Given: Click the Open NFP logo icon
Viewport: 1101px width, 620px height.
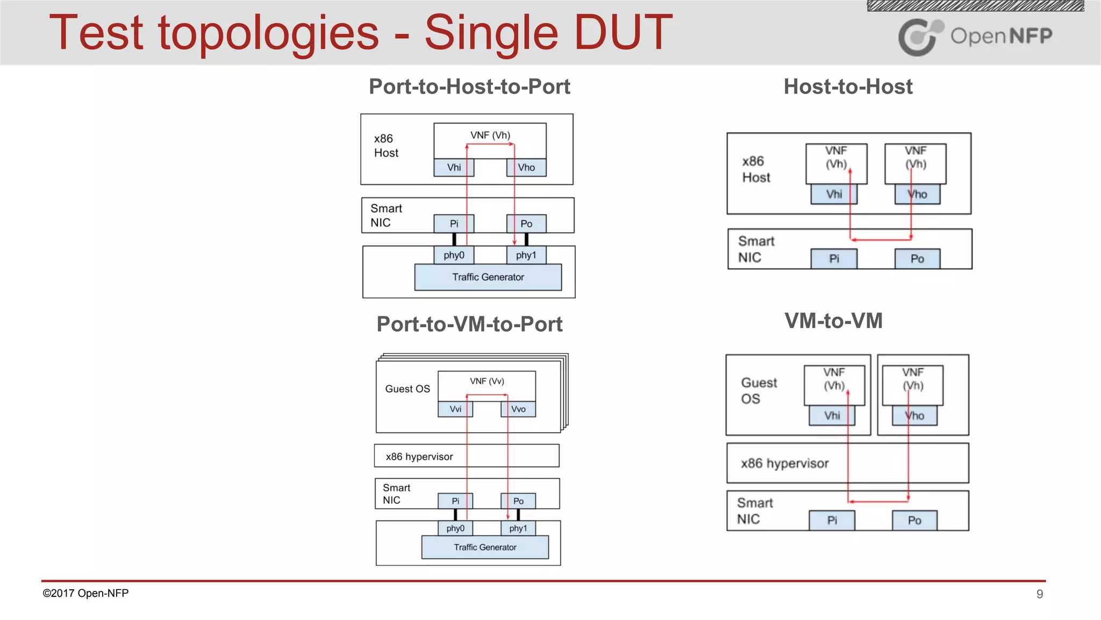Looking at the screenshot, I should (x=920, y=37).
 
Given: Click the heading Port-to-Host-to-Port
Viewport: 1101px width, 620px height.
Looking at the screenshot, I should (x=469, y=87).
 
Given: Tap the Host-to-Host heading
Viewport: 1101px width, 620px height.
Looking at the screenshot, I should (x=848, y=87).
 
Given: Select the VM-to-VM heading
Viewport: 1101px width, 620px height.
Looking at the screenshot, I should (x=833, y=321).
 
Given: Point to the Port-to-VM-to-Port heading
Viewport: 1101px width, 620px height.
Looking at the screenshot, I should (x=469, y=324).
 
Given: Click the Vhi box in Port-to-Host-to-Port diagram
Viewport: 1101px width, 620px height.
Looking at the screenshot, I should (x=454, y=167).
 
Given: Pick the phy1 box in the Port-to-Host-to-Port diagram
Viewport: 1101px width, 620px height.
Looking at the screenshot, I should (x=526, y=255).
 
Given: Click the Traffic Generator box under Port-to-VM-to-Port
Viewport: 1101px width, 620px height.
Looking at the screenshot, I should (x=485, y=547).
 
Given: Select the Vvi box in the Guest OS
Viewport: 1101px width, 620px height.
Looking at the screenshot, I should (x=455, y=409).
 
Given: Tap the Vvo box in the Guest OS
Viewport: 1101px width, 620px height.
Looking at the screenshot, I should (x=518, y=409).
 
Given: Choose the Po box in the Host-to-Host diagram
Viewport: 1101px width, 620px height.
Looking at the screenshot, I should (x=917, y=259).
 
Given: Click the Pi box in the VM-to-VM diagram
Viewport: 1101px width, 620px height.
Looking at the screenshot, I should (x=832, y=520).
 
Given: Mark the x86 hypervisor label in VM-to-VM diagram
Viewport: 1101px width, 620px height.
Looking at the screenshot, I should (x=784, y=463).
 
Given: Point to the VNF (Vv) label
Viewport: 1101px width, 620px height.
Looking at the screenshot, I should (x=487, y=381).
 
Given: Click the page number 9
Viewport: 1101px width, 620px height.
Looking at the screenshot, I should (x=1040, y=594).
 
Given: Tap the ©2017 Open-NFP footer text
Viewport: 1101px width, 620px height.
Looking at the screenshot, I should (x=85, y=593).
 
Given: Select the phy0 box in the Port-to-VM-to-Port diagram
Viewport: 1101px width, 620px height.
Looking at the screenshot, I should (x=455, y=529).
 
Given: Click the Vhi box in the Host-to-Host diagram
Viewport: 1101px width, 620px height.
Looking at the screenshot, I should (x=834, y=194).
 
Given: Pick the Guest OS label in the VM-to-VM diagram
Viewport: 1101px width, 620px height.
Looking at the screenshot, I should (x=759, y=391).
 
